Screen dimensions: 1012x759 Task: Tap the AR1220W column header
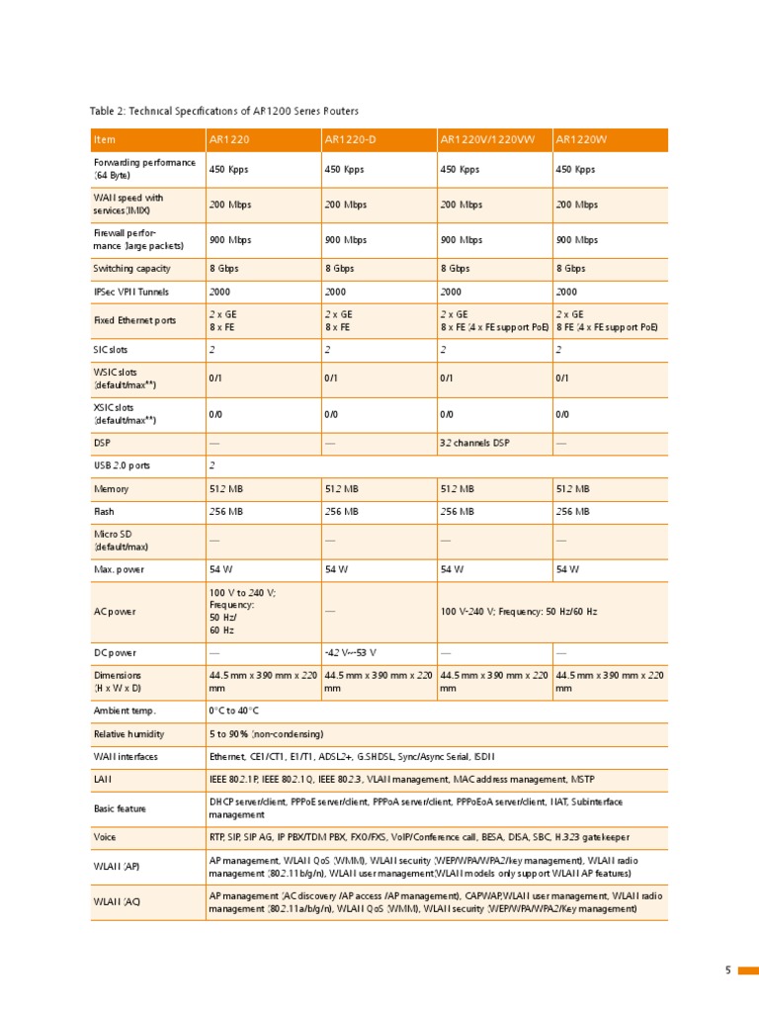[x=578, y=140]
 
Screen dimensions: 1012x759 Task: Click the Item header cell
[x=104, y=140]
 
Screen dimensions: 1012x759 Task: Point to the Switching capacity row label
[x=131, y=268]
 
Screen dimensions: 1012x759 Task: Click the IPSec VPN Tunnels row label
[x=130, y=292]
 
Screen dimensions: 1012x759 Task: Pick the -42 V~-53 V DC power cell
[x=350, y=653]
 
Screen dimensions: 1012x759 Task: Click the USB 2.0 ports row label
[x=122, y=465]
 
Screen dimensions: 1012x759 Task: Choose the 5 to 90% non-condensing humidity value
[x=266, y=734]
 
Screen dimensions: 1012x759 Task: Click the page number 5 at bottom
[x=728, y=970]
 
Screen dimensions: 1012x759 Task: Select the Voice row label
[x=106, y=836]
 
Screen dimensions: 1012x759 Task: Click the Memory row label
[x=111, y=489]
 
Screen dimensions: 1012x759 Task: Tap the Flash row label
[x=104, y=512]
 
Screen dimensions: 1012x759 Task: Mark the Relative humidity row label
[x=128, y=734]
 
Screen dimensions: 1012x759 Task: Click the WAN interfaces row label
[x=125, y=757]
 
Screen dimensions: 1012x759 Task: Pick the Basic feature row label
[x=120, y=808]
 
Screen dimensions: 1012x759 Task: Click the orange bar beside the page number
[x=748, y=970]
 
